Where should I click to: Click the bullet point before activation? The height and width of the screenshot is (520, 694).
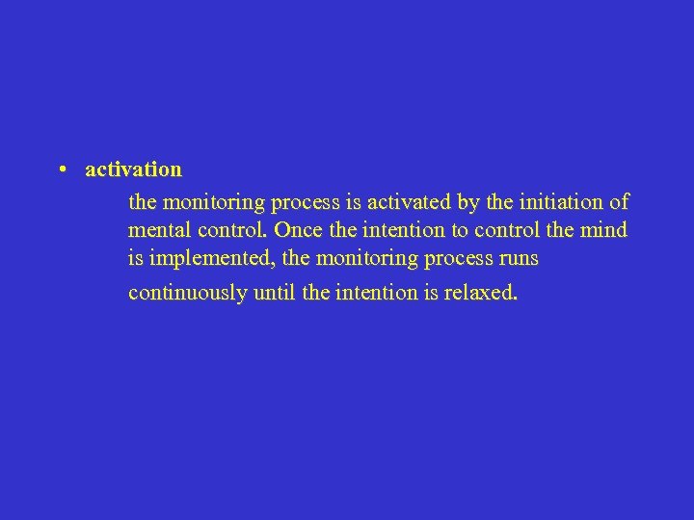tap(61, 169)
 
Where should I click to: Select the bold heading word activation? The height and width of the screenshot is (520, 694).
tap(133, 169)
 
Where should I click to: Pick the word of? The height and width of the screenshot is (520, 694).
tap(620, 202)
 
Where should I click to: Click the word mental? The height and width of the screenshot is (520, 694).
tap(157, 231)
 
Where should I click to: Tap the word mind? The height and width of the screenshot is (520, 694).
tap(604, 231)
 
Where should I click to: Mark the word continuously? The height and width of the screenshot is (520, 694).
tap(187, 293)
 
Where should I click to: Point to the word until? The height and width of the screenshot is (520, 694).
tap(274, 293)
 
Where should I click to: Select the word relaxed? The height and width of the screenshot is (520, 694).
tap(480, 293)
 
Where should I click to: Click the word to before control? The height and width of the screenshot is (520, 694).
tap(461, 231)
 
